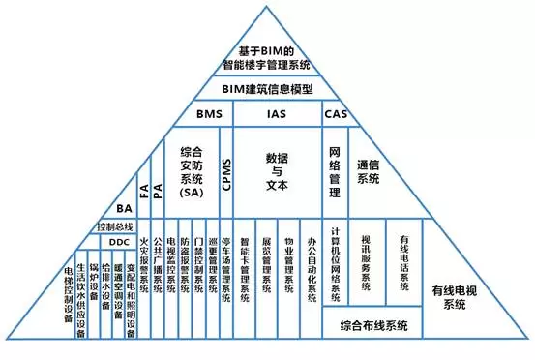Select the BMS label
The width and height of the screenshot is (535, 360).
click(209, 114)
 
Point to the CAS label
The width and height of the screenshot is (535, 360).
click(335, 114)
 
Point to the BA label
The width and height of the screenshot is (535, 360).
click(124, 208)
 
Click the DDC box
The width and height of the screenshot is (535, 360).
click(118, 241)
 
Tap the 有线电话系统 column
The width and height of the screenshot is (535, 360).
click(402, 259)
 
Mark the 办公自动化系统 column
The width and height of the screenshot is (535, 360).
click(311, 273)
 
